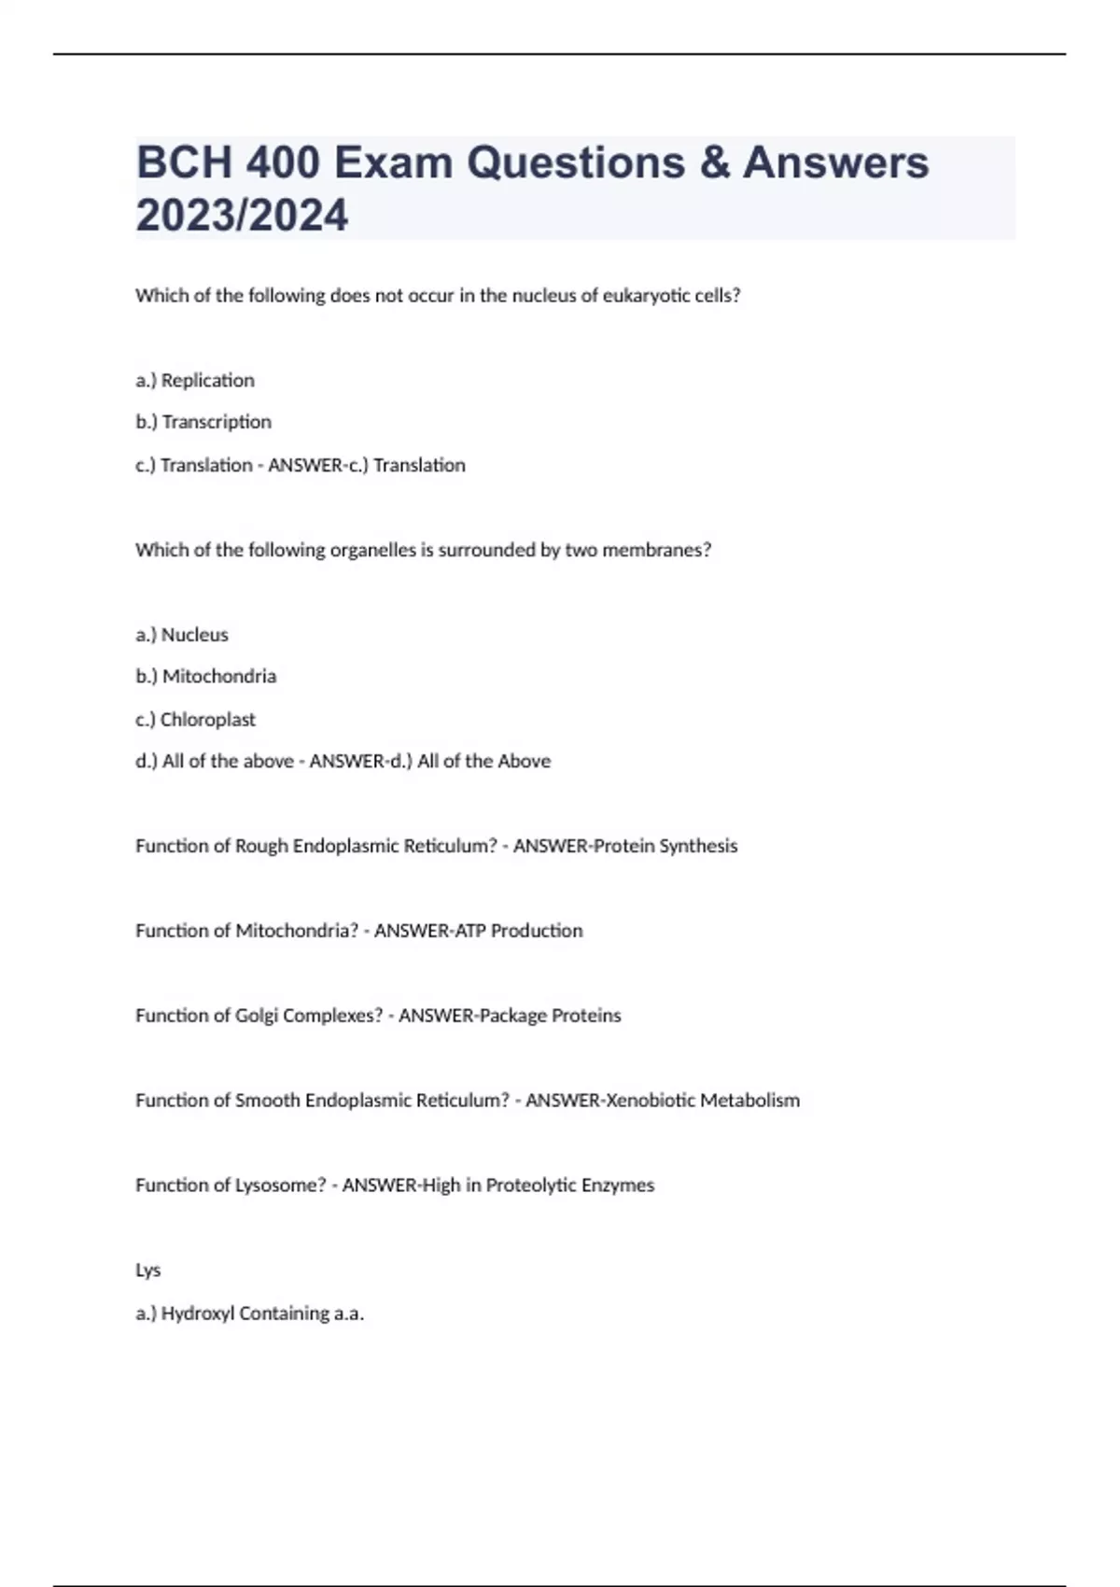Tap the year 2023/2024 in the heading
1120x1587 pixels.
[x=242, y=216]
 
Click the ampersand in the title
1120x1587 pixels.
[x=714, y=163]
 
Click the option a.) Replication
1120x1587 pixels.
[x=195, y=380]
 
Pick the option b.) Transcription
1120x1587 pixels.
[x=203, y=422]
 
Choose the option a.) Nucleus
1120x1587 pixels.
[x=182, y=635]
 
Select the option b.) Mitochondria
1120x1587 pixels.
[x=206, y=676]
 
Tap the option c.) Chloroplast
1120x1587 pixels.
[x=195, y=720]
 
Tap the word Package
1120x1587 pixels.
[x=511, y=1016]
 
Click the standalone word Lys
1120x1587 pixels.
[x=148, y=1271]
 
